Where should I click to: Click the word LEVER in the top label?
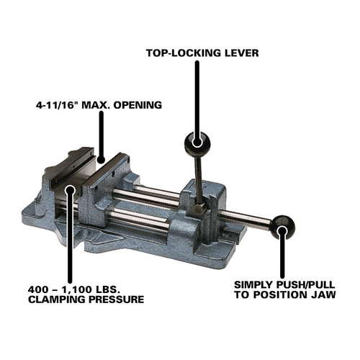point(241,53)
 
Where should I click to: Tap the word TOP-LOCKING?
point(184,53)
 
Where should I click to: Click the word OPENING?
point(138,105)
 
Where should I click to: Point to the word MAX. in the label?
point(96,105)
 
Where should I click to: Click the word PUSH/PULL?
point(305,285)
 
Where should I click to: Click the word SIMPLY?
point(253,285)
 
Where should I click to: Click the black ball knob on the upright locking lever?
point(197,143)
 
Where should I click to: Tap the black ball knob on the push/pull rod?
point(283,228)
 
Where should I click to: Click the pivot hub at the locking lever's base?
point(199,209)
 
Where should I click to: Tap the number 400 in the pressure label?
point(37,289)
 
